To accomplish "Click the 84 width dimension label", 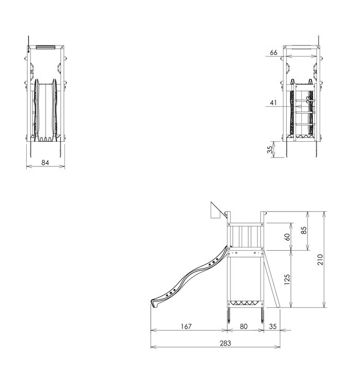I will [x=45, y=163].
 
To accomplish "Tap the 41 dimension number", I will [x=273, y=103].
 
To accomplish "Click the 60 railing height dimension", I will [x=287, y=237].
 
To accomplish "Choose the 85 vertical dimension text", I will [x=304, y=231].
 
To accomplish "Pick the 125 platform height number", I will [x=287, y=279].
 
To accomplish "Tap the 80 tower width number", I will [x=244, y=327].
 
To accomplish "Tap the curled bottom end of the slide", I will [x=154, y=302].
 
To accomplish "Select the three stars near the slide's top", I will [x=213, y=263].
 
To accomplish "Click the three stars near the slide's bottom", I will [x=169, y=295].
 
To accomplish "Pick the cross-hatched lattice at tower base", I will [x=245, y=302].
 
